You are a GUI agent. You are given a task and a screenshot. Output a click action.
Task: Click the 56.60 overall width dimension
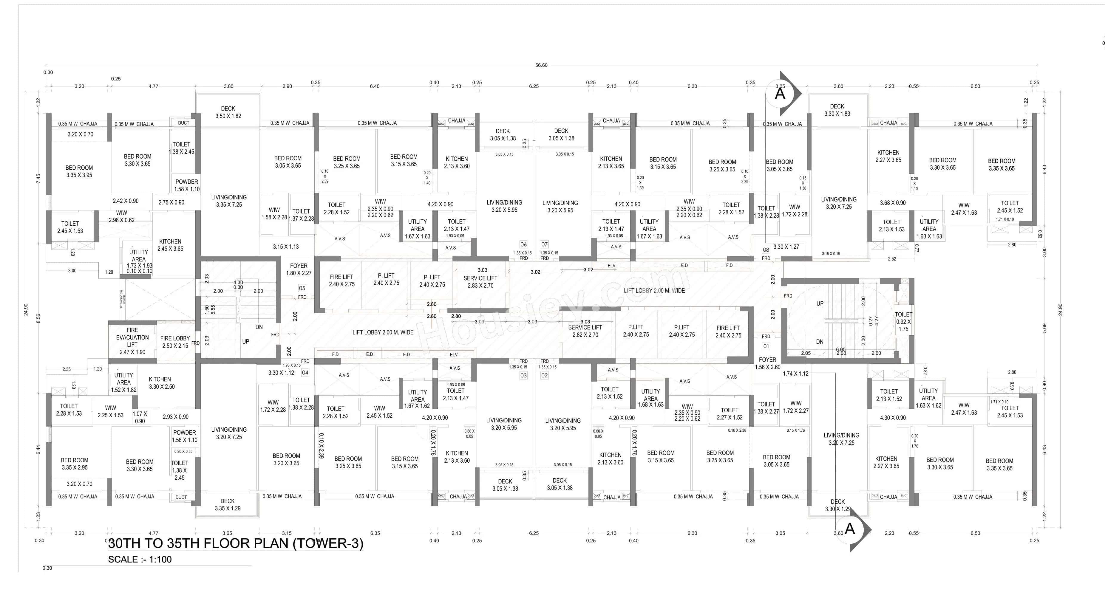[541, 65]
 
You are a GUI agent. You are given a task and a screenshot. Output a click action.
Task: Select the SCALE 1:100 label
[140, 559]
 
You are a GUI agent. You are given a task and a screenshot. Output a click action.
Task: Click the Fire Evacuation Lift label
[132, 341]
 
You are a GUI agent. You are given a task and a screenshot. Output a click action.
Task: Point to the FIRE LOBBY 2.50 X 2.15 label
[175, 342]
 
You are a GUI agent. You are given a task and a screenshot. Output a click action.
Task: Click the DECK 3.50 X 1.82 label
[228, 112]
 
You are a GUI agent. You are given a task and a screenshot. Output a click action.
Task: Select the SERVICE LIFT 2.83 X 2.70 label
[480, 282]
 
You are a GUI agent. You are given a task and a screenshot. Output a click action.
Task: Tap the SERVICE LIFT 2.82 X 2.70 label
[585, 331]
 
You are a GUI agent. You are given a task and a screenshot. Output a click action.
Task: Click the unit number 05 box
[302, 288]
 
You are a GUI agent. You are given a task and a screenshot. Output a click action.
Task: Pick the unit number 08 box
[766, 250]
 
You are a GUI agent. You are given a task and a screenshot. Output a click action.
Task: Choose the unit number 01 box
[766, 346]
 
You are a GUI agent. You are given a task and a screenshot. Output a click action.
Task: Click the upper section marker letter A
[780, 94]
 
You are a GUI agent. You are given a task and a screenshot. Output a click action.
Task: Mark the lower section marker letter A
[850, 529]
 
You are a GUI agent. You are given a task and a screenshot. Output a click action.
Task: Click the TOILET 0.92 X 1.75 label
[903, 322]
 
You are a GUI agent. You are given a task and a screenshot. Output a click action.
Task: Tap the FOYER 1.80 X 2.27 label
[299, 269]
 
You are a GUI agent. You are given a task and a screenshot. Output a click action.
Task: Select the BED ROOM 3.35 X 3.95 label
[79, 171]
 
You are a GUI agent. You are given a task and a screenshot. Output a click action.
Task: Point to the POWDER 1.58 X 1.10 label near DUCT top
[187, 185]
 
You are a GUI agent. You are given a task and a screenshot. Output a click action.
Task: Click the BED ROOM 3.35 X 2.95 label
[75, 464]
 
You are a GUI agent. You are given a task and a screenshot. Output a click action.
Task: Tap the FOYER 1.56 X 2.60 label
[767, 363]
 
